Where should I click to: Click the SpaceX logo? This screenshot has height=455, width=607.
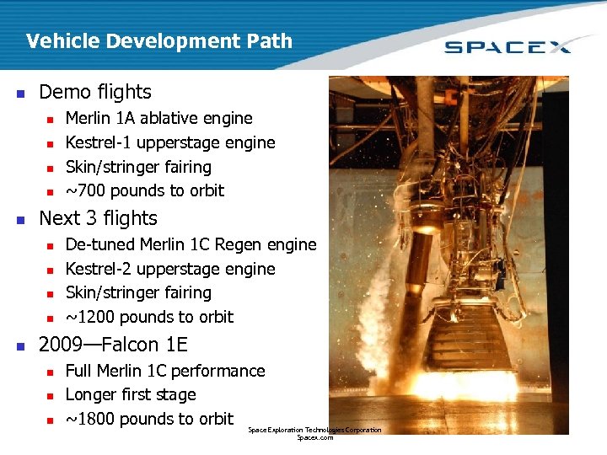(508, 45)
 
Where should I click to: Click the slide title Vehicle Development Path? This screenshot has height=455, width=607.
(158, 40)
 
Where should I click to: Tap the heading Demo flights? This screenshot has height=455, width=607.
(95, 92)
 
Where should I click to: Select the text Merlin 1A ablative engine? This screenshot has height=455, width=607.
(158, 118)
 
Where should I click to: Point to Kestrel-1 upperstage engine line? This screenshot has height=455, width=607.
(170, 142)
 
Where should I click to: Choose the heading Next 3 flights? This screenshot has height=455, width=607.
(98, 218)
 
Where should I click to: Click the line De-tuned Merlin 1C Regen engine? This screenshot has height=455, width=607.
(191, 244)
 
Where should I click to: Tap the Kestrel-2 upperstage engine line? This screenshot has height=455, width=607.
(170, 269)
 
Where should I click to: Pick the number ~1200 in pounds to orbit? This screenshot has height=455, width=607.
(87, 317)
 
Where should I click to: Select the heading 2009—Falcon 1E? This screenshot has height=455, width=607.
(114, 345)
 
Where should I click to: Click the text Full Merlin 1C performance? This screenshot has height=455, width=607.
(165, 371)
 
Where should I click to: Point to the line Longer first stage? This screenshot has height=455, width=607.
(131, 394)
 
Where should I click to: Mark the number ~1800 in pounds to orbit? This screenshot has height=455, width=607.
(87, 419)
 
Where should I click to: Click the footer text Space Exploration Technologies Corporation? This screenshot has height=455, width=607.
(314, 431)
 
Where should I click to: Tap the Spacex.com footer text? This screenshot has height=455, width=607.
(314, 438)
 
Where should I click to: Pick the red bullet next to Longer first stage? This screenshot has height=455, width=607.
(51, 395)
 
